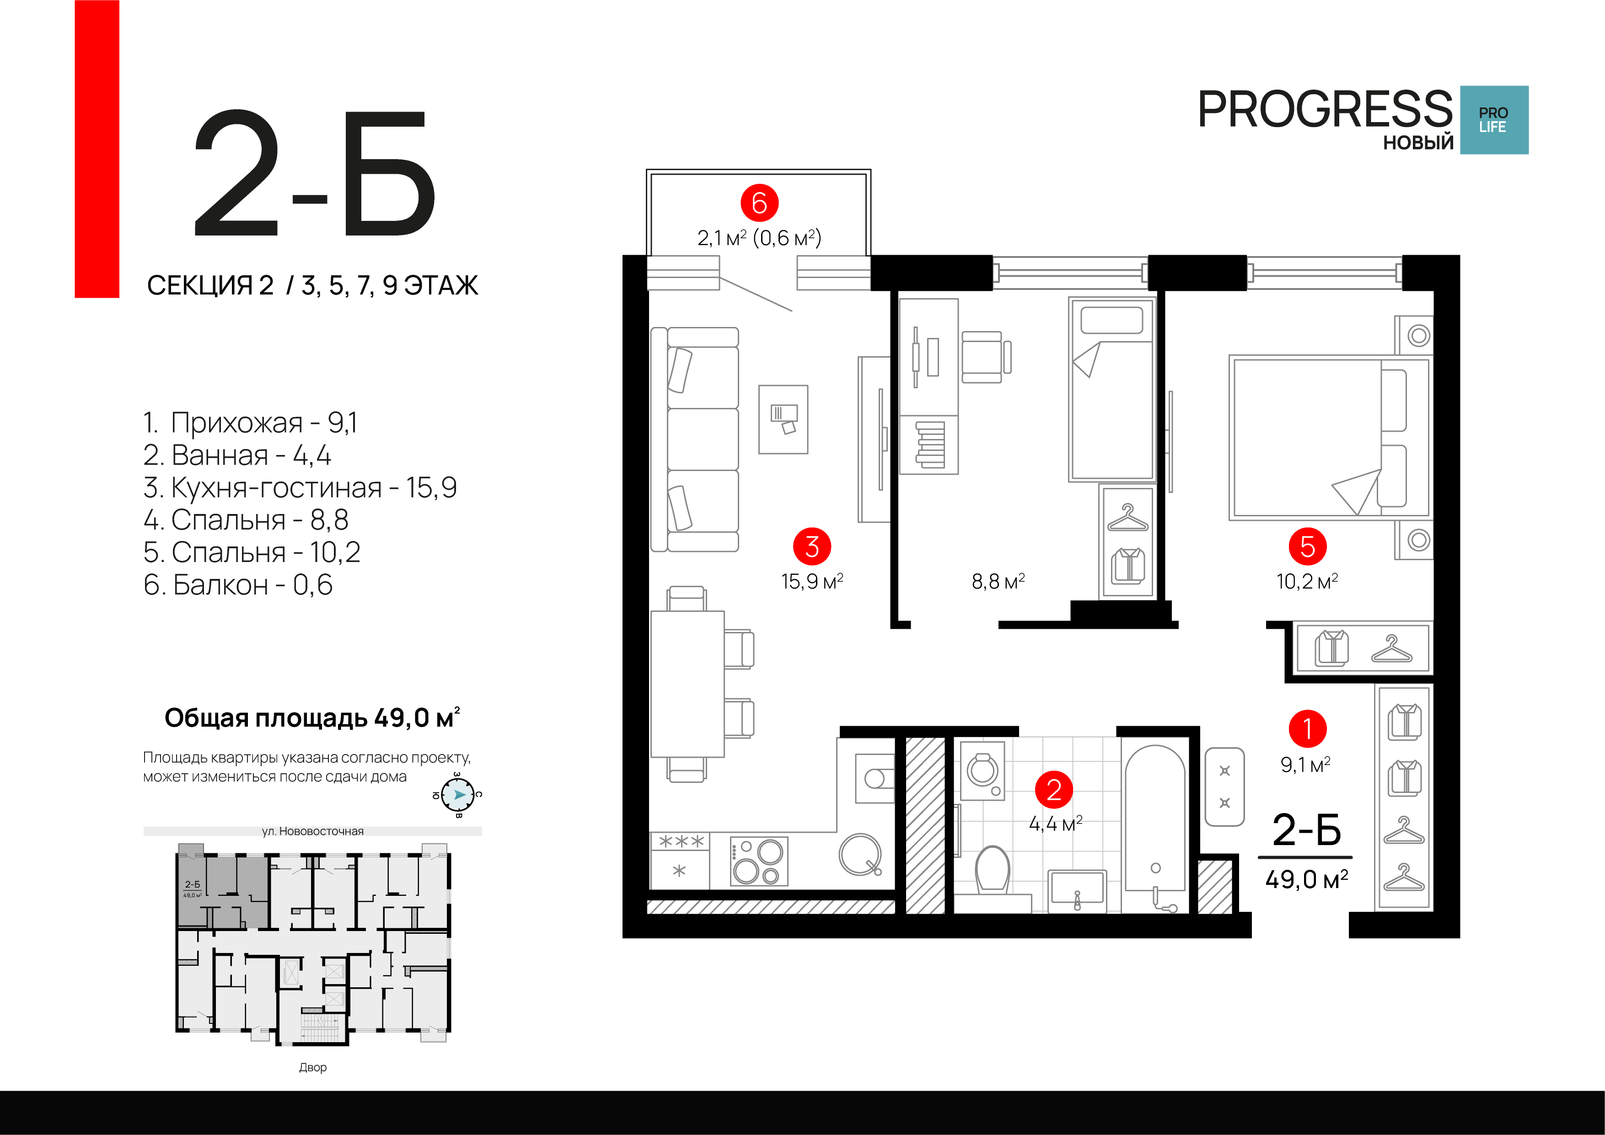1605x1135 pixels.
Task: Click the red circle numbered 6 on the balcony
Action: [x=759, y=203]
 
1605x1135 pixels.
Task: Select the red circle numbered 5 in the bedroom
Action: [x=1307, y=546]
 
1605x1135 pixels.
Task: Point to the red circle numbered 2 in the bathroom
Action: [x=1054, y=790]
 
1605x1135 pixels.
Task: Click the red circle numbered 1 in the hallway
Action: [x=1308, y=729]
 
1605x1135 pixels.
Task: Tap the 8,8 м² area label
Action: [x=998, y=582]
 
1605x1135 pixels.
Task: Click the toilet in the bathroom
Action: [x=993, y=869]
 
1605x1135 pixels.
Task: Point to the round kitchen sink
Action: [x=860, y=854]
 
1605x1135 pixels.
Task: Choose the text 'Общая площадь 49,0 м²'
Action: [x=312, y=718]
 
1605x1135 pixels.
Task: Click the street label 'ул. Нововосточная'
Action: [x=312, y=831]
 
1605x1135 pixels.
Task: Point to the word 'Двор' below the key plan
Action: [x=312, y=1067]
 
